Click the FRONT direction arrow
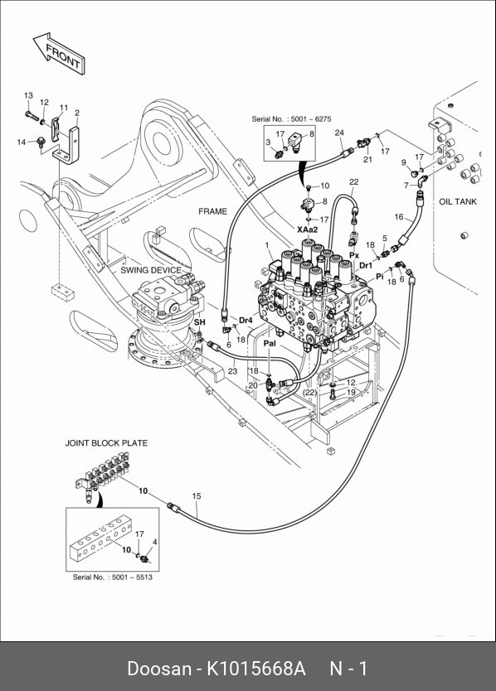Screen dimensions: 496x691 59,53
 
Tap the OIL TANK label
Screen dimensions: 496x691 458,201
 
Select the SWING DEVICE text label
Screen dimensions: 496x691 151,270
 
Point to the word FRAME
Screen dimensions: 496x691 212,211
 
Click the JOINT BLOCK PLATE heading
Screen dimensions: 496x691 106,443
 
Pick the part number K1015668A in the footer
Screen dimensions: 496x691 256,669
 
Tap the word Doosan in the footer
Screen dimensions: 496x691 159,669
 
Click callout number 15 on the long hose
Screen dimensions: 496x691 197,495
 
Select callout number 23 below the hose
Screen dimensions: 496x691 232,371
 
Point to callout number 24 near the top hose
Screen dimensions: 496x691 339,133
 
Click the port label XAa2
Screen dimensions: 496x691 307,230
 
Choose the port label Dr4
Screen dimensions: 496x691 246,320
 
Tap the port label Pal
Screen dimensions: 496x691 270,343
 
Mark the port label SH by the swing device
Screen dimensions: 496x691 200,322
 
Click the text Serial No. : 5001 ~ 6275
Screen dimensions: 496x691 291,119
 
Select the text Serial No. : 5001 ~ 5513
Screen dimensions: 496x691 113,577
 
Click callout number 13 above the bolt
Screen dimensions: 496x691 28,95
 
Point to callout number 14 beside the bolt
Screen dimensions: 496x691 22,142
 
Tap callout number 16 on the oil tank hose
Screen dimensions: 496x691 399,216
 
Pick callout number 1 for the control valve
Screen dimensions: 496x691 267,245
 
